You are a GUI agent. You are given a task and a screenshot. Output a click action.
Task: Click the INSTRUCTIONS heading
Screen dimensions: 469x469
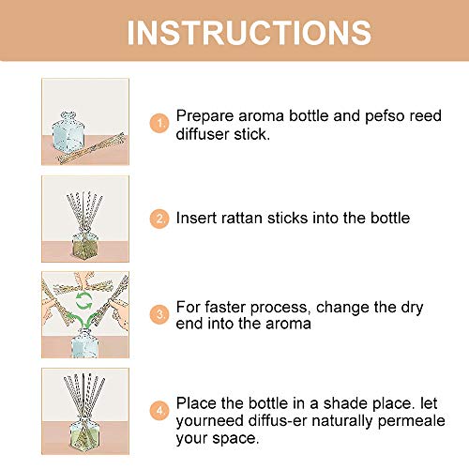point(250,33)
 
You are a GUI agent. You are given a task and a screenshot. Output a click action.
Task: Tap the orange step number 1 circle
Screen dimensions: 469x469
point(159,123)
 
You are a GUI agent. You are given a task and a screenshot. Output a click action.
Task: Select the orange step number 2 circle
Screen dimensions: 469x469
point(159,219)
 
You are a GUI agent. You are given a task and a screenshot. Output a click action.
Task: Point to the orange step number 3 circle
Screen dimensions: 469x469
point(159,314)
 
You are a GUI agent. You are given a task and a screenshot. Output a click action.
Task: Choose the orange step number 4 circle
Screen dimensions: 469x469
point(159,411)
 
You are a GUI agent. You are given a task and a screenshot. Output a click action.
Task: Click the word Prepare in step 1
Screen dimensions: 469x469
point(204,116)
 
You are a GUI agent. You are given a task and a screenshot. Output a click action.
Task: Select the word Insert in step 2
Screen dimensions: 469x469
point(196,218)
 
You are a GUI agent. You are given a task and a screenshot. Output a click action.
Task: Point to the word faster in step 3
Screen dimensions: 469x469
point(225,307)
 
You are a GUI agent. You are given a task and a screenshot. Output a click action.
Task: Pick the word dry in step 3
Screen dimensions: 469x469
point(412,308)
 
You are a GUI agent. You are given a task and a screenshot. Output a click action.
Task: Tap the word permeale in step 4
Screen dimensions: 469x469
point(411,421)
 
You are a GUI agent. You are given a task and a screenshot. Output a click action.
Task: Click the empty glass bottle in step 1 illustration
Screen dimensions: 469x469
point(68,132)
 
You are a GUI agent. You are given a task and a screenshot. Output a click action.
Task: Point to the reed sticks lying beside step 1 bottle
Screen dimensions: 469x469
point(91,148)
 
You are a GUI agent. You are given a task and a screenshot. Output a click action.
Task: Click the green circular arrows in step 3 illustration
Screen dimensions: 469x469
point(84,301)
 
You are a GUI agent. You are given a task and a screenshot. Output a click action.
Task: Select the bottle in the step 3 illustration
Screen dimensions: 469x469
point(84,342)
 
